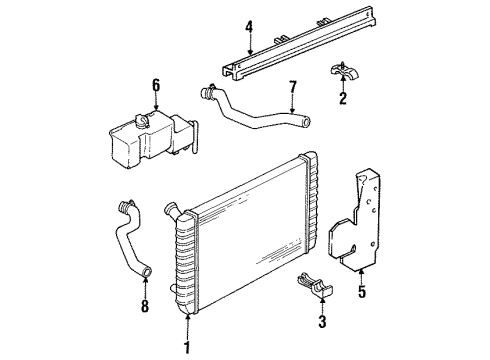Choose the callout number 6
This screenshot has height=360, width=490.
[155, 87]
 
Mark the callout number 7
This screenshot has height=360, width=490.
[291, 99]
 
